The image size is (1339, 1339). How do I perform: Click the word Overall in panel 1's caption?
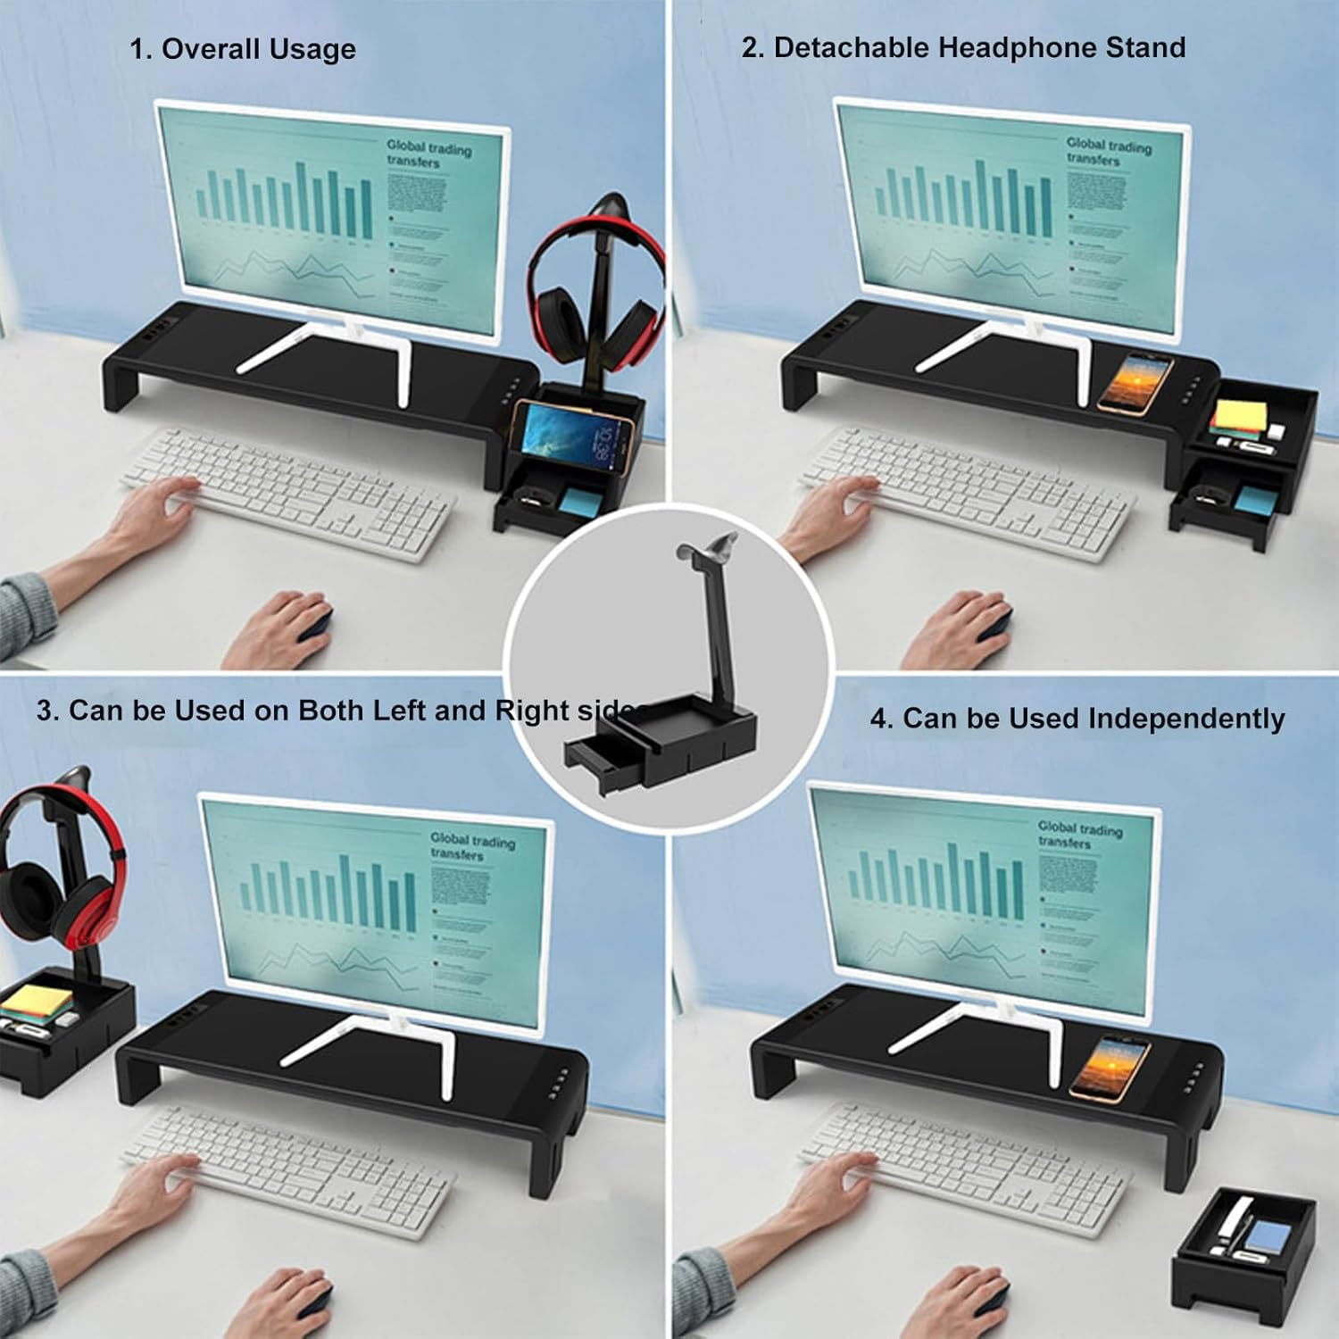[206, 49]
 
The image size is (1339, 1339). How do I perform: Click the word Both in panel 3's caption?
[331, 711]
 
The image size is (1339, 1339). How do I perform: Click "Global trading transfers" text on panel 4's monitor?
[1078, 835]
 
